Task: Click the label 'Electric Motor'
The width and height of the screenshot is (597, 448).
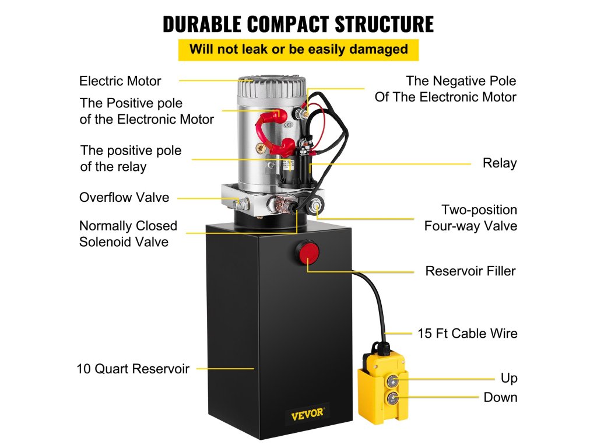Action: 120,80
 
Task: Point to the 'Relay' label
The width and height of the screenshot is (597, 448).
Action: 500,163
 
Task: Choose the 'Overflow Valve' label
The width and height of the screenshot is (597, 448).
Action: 124,197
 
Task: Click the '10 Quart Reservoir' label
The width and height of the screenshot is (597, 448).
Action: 133,369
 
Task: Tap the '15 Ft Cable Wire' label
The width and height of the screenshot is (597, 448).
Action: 467,334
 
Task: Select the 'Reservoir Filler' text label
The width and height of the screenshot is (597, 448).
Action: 470,271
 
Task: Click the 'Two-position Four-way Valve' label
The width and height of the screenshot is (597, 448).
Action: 470,218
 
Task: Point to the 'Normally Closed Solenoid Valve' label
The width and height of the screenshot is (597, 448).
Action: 128,233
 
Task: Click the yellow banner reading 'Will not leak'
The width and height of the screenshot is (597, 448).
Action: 298,49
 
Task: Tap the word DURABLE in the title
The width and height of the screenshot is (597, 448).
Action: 201,24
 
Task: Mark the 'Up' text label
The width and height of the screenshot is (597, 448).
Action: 509,379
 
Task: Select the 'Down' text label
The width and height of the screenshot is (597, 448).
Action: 500,398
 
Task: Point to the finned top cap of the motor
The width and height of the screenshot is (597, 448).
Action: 272,87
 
